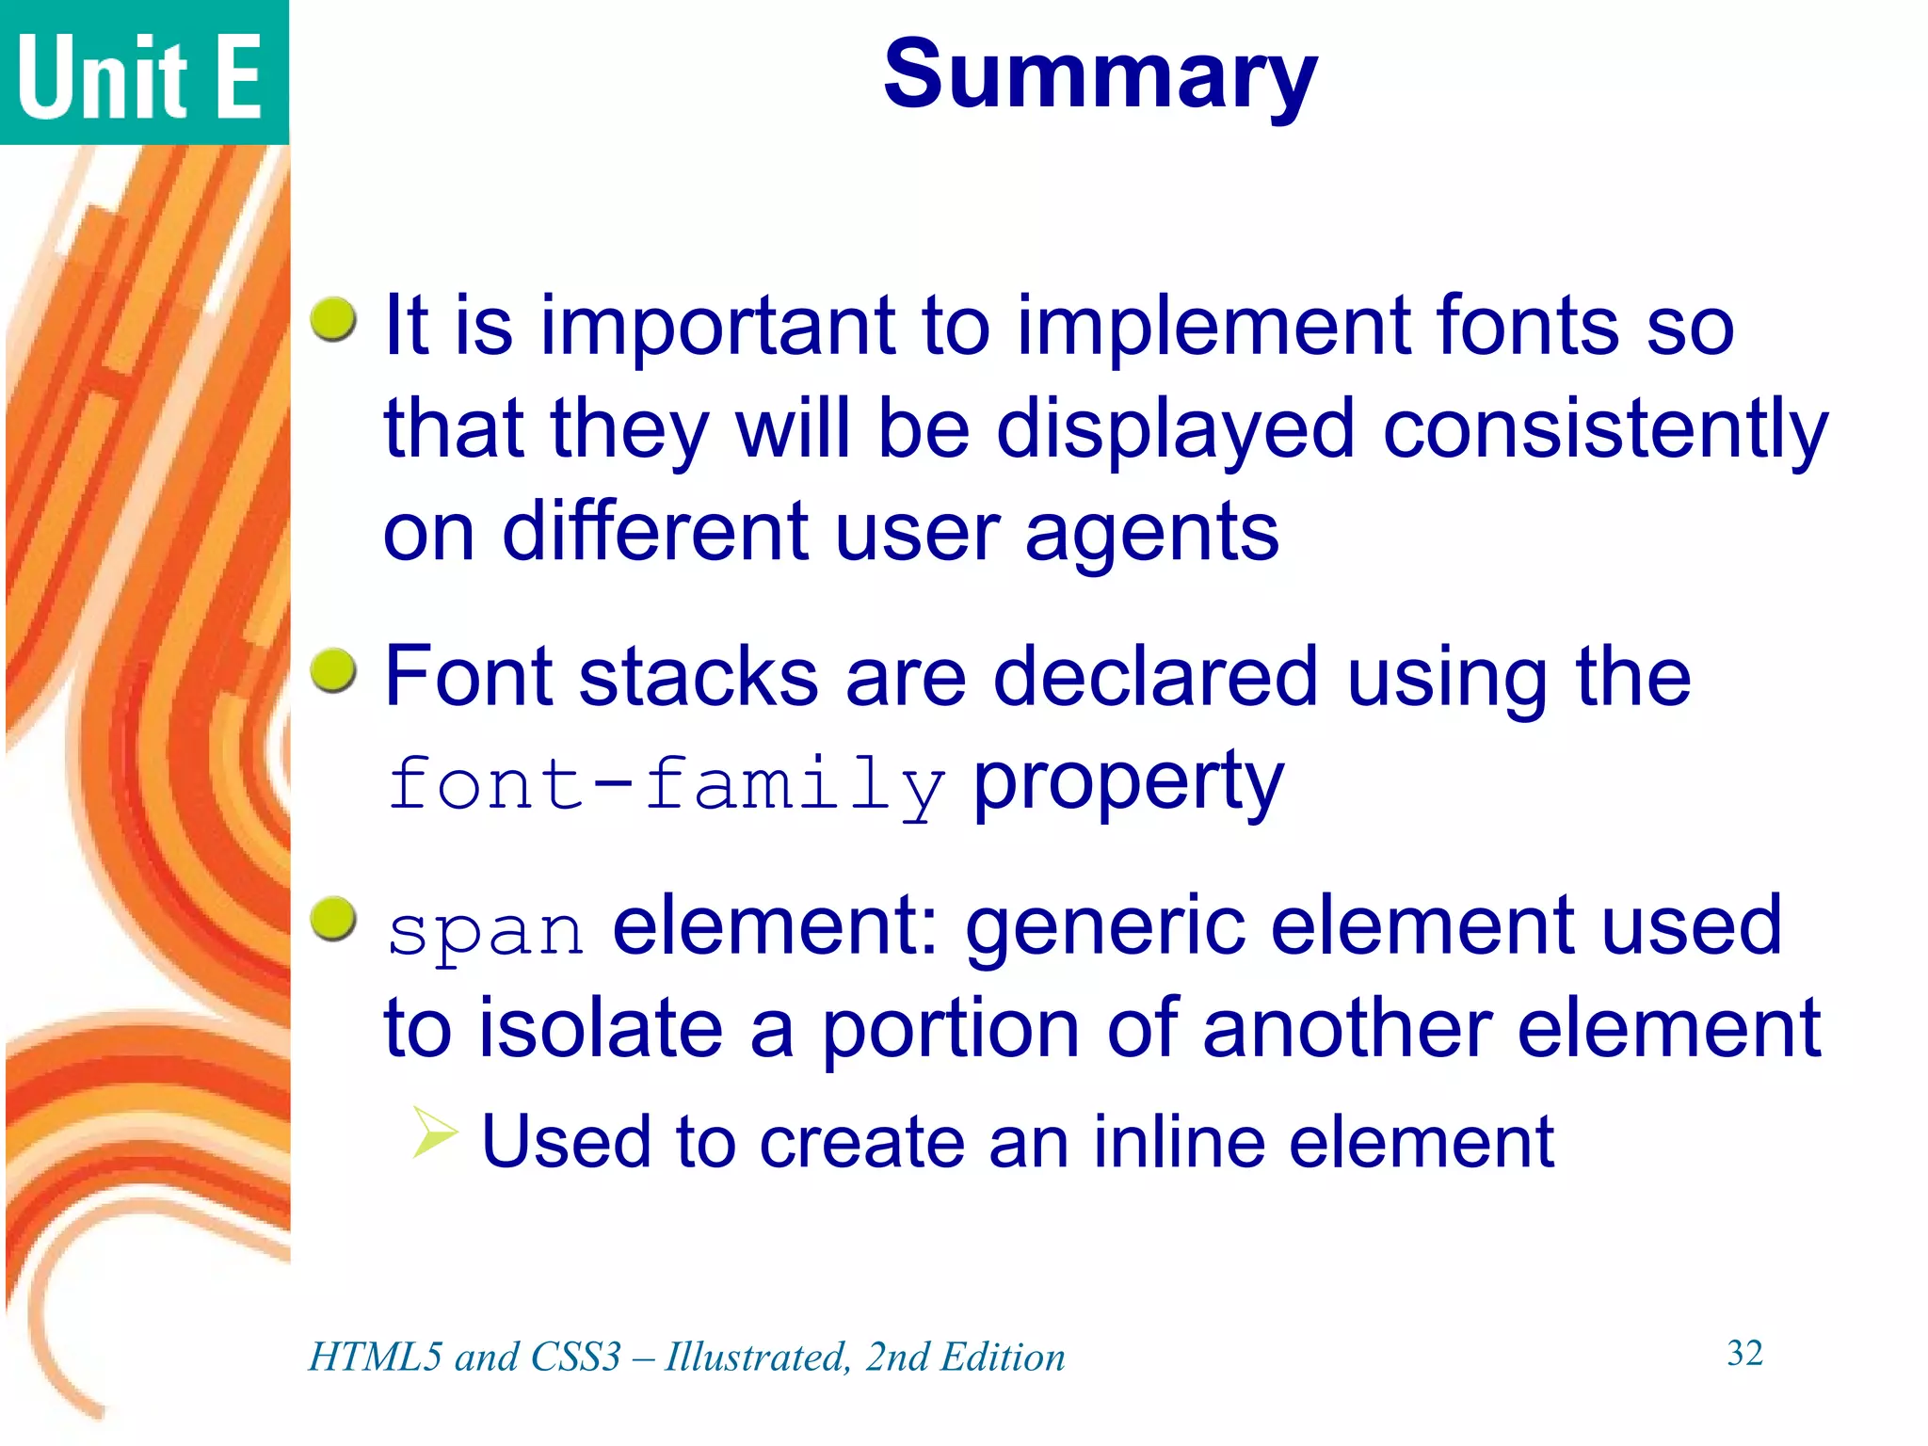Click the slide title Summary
[1100, 75]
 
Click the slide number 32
[1744, 1353]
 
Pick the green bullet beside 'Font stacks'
[333, 670]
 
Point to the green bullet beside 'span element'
[333, 918]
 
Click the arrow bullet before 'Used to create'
[434, 1132]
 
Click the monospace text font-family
[665, 784]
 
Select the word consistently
[1604, 429]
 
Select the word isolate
[601, 1028]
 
